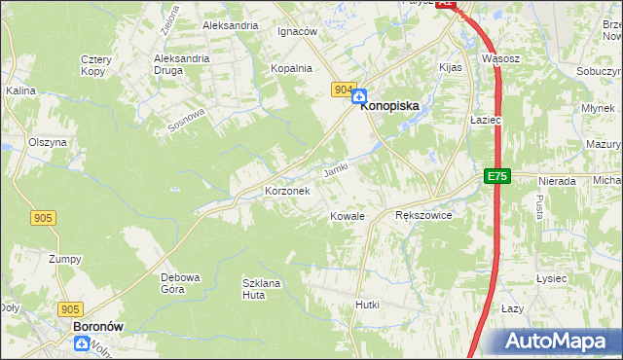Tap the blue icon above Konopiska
359,96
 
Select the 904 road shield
342,90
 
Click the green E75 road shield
496,176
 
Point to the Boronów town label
97,328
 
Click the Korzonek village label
287,192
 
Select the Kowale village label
348,216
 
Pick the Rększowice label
423,215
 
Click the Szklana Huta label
262,288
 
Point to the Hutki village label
367,305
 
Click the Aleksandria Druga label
182,64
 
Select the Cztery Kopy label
97,65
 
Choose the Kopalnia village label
291,68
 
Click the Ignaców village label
298,31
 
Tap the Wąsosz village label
499,58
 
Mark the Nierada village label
558,181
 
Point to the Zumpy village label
65,259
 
